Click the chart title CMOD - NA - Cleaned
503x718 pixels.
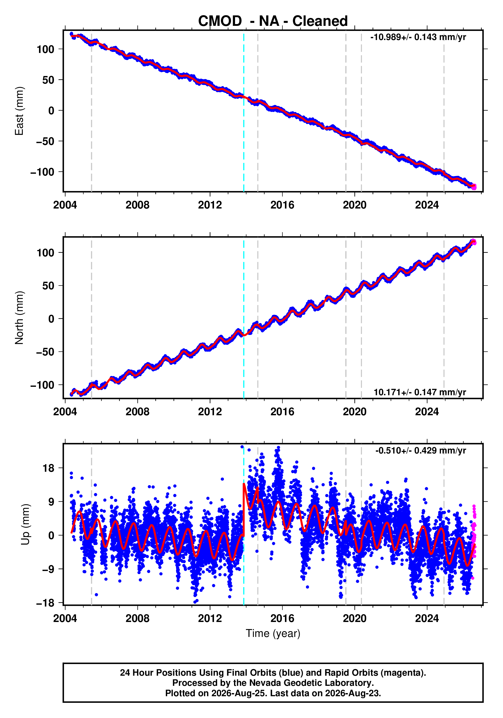[273, 21]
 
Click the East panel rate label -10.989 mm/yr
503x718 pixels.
[418, 37]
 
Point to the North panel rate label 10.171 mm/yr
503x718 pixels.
[420, 392]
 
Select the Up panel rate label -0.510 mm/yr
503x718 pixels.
[420, 451]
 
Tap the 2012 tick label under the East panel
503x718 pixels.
[210, 205]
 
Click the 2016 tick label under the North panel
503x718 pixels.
[282, 412]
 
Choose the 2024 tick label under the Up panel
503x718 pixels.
[427, 618]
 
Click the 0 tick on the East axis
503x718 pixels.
[51, 111]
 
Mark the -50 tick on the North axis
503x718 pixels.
[45, 352]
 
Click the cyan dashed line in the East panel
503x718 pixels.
[244, 111]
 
